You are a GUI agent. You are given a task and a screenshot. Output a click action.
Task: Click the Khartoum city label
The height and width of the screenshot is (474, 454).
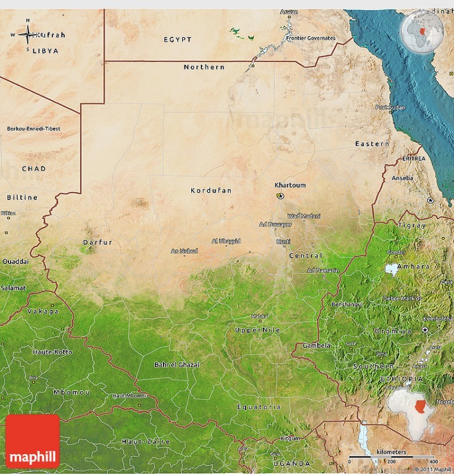coord(290,185)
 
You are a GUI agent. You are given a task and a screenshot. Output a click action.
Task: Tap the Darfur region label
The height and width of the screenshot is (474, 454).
coord(98,242)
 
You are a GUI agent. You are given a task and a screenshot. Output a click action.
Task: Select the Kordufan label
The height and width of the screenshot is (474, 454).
coord(211,191)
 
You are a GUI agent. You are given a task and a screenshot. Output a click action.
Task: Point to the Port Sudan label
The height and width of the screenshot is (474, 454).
coord(390,107)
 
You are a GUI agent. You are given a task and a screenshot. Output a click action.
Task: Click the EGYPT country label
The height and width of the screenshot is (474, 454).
coord(178,40)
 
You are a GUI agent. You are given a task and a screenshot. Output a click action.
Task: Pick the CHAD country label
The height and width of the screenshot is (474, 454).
coord(34,169)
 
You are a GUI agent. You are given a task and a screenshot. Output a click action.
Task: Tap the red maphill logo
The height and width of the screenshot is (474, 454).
coord(32,441)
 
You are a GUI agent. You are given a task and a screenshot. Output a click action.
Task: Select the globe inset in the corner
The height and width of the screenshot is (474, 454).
coord(422,29)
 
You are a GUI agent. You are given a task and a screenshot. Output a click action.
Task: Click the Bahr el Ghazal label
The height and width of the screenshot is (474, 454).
coord(176,364)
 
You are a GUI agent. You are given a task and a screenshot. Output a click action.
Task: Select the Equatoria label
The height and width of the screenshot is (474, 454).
coord(259,407)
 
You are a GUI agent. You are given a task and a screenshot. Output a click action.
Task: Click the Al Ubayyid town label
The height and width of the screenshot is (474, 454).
coord(226,241)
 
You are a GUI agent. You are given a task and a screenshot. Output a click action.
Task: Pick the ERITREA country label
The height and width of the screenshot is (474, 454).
coord(413,159)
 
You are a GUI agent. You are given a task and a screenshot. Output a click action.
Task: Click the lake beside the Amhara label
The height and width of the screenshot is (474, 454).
coord(392,268)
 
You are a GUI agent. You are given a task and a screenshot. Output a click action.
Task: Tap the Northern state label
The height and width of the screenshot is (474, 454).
coord(204,67)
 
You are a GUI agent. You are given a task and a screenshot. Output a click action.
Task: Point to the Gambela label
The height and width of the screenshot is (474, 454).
coord(316,345)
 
